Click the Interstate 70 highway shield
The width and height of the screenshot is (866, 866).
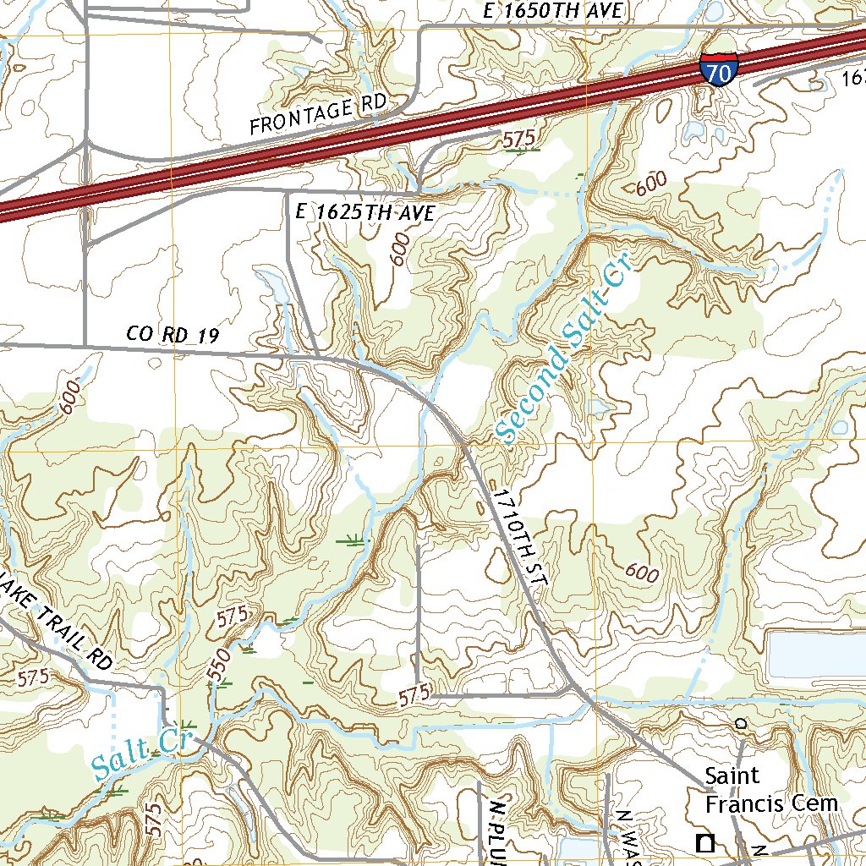pos(718,69)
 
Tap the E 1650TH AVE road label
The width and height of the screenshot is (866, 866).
pos(555,10)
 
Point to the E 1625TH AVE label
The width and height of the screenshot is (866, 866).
pos(365,213)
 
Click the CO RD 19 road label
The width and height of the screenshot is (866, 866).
pos(173,335)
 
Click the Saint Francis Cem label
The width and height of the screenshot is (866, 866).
pos(771,789)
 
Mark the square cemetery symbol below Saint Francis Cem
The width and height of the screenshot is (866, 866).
pos(704,842)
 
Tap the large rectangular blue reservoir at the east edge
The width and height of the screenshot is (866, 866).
pos(816,654)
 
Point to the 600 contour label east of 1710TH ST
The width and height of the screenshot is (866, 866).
pos(642,573)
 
